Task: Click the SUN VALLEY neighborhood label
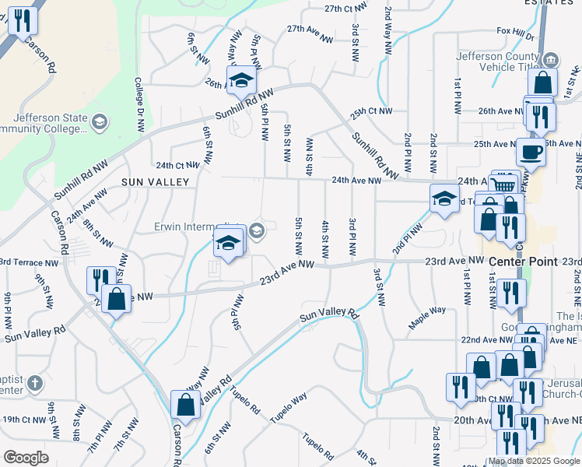(x=156, y=181)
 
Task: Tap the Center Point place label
(x=523, y=262)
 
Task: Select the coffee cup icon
(x=531, y=152)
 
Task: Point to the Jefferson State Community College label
(x=43, y=123)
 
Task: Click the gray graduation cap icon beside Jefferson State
(x=99, y=121)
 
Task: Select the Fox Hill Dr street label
(x=515, y=34)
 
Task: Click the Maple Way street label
(x=429, y=310)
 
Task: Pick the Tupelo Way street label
(x=289, y=408)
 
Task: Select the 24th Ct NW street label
(x=177, y=165)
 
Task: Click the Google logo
(x=26, y=458)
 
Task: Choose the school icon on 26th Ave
(x=241, y=79)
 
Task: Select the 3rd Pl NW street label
(x=352, y=238)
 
